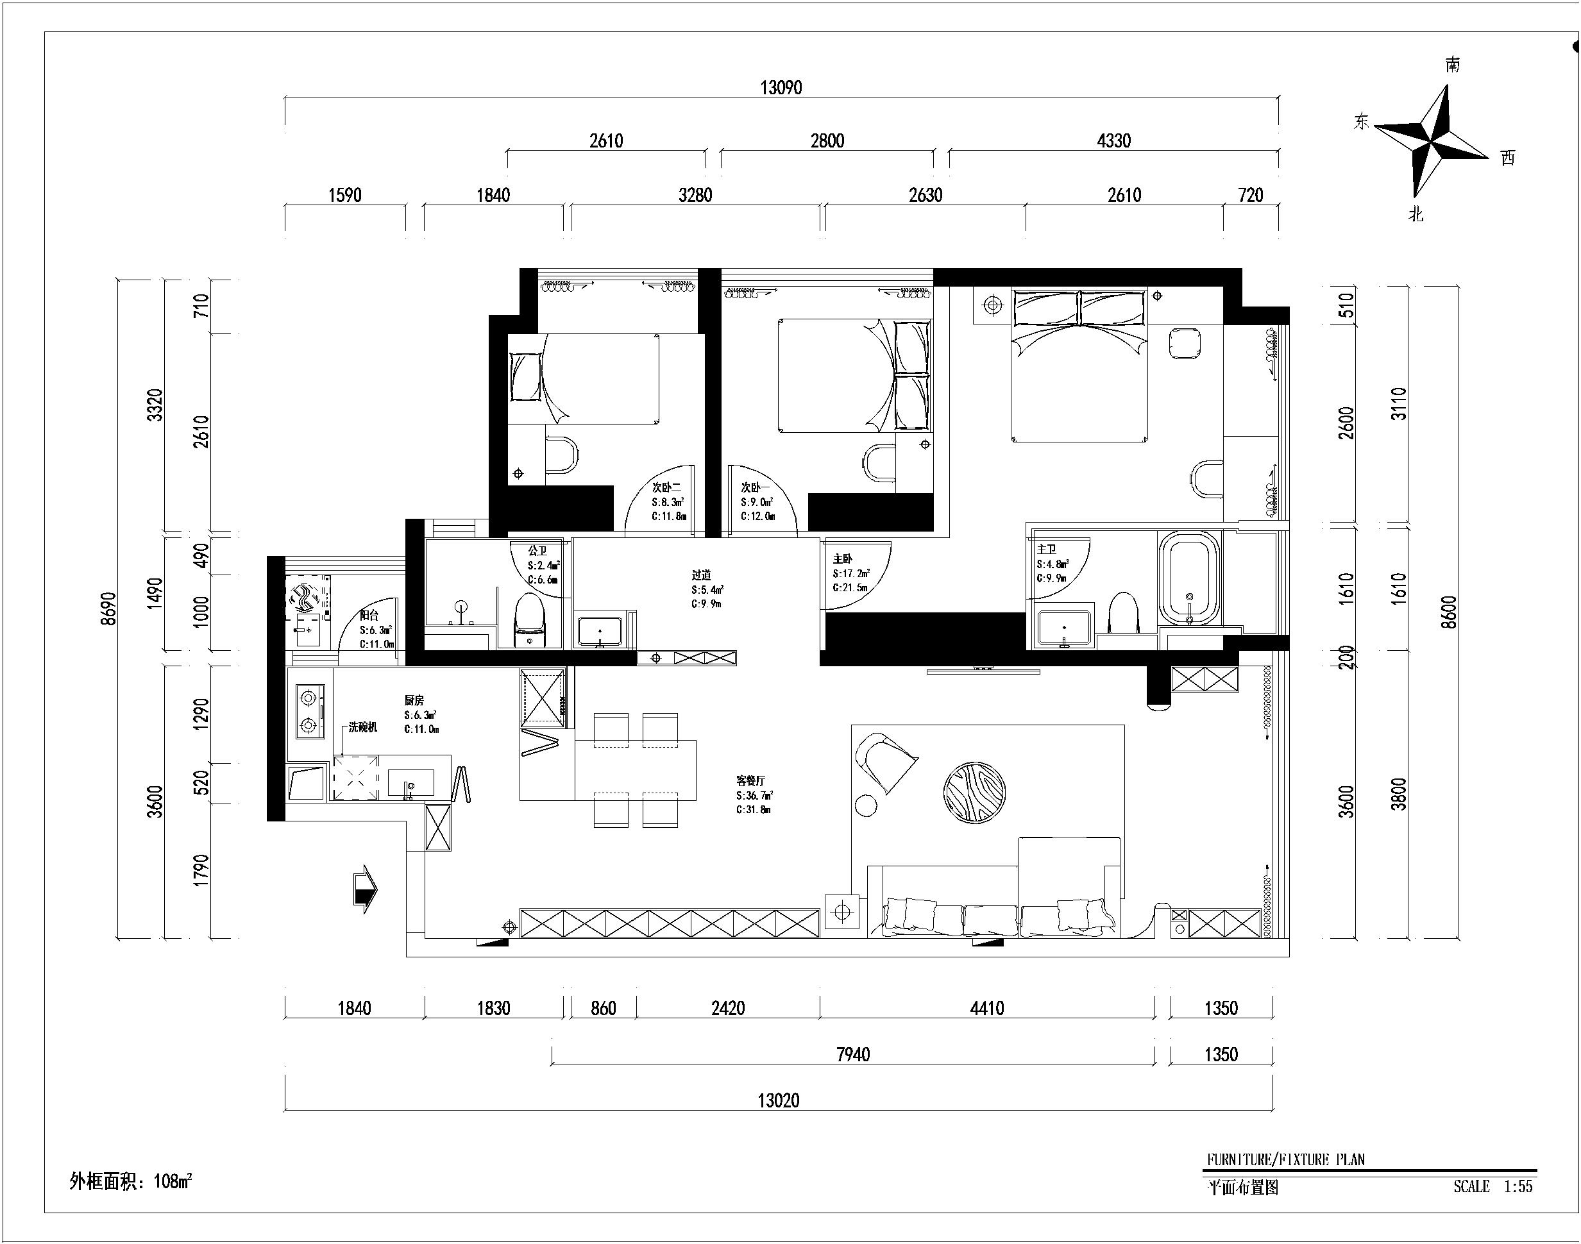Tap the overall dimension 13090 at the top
(781, 88)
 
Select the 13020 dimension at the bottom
(778, 1100)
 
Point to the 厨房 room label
(414, 700)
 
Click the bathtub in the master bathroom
(1189, 578)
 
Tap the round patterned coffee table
(974, 793)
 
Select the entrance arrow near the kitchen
(365, 889)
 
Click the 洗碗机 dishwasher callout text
(363, 727)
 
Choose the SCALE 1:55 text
(1493, 1186)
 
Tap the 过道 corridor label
(701, 575)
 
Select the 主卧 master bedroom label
(842, 559)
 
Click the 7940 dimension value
(853, 1054)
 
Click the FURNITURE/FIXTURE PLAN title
(1286, 1159)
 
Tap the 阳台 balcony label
(369, 616)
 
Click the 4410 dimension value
(987, 1008)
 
